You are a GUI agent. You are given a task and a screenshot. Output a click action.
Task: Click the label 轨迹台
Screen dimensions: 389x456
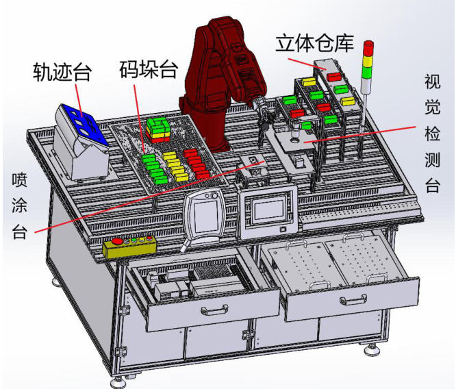pyautogui.click(x=62, y=71)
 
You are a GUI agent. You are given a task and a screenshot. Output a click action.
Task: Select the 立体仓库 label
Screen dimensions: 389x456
pyautogui.click(x=314, y=43)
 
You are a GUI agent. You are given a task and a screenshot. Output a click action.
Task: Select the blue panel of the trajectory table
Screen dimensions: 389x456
pyautogui.click(x=81, y=123)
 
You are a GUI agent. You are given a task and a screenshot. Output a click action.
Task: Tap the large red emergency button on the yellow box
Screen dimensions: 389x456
pyautogui.click(x=116, y=243)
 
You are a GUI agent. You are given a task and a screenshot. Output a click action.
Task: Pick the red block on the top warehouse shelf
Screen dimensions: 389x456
pyautogui.click(x=332, y=75)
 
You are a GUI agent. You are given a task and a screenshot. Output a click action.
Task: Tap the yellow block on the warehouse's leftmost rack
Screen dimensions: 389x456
pyautogui.click(x=308, y=81)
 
